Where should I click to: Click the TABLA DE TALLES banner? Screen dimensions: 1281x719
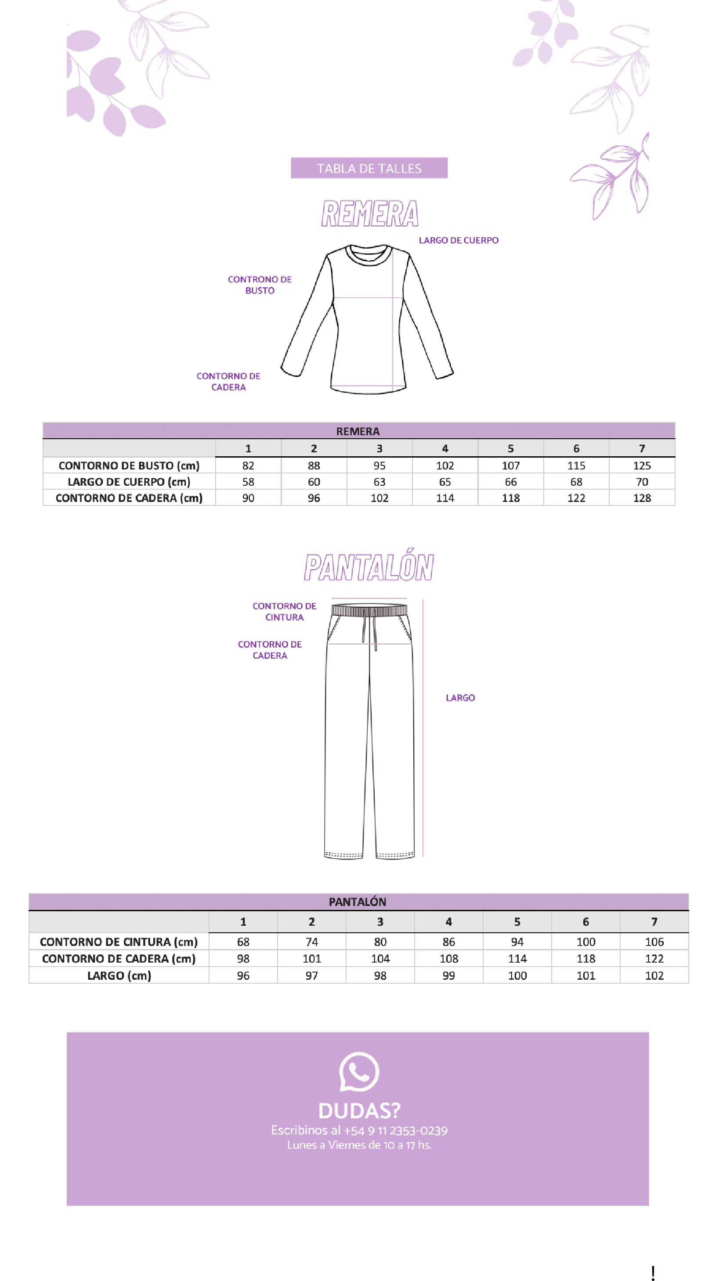tap(369, 168)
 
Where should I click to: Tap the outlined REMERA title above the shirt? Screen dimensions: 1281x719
tap(369, 214)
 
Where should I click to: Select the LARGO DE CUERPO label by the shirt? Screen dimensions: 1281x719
tap(459, 240)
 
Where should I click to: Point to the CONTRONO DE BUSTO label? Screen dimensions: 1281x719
tap(260, 285)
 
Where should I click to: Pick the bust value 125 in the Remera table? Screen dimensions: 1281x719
tap(641, 465)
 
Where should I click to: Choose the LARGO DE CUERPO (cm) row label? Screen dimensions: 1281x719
tap(129, 482)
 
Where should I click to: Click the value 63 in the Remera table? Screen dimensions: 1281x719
tap(379, 482)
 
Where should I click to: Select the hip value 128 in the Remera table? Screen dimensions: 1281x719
tap(641, 498)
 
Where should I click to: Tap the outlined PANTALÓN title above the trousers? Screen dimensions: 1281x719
tap(369, 567)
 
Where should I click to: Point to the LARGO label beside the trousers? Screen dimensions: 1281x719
tap(460, 698)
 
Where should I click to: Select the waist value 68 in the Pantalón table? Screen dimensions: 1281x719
tap(243, 942)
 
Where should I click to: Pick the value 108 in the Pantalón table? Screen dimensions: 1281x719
tap(448, 959)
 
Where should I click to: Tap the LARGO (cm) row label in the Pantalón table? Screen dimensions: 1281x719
tap(119, 976)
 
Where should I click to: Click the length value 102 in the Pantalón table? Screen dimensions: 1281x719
tap(654, 976)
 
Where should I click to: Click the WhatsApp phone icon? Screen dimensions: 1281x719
tap(359, 1072)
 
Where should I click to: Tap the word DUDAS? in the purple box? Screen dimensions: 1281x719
tap(359, 1111)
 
